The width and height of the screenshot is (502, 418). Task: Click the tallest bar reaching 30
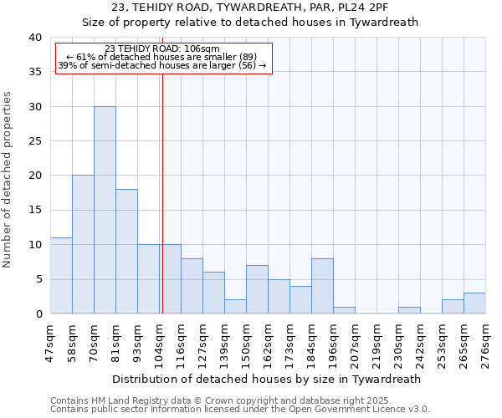point(105,210)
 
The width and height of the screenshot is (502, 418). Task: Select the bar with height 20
point(83,244)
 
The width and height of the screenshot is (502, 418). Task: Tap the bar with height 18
point(126,251)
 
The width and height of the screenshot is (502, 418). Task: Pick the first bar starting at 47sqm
point(61,276)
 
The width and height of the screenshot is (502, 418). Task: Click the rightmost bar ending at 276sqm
point(474,303)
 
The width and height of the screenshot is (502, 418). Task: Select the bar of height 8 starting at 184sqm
point(322,286)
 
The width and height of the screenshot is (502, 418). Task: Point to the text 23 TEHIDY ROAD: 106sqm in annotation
point(162,49)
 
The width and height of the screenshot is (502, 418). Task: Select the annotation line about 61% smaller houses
point(162,57)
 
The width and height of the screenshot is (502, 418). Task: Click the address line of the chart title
point(250,8)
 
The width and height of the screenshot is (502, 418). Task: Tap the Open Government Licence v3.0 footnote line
point(240,410)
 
